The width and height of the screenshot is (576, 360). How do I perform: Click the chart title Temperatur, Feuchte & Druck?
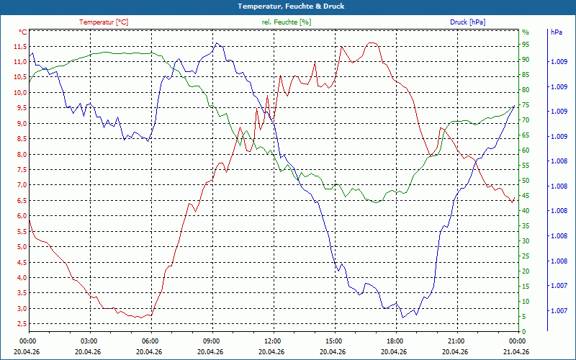click(287, 6)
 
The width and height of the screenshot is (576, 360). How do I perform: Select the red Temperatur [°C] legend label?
click(104, 22)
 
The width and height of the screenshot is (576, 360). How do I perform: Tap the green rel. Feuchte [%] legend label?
click(287, 22)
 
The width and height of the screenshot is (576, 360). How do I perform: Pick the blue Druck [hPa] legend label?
click(467, 22)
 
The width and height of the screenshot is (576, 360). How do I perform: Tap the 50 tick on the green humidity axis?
click(526, 181)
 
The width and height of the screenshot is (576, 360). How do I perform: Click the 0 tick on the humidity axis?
click(523, 332)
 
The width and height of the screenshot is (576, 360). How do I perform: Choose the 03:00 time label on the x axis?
click(89, 341)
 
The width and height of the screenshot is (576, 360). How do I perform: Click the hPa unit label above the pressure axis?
click(556, 32)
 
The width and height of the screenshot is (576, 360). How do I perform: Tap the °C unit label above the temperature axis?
click(22, 32)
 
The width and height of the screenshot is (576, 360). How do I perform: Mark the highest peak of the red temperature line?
click(372, 42)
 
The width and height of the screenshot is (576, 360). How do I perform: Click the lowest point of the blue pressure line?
click(402, 318)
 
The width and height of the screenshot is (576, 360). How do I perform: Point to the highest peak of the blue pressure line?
click(216, 43)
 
